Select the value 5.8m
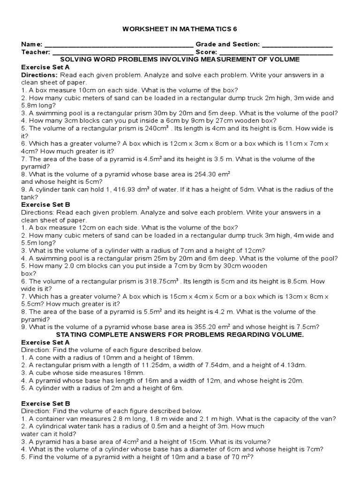29,105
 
